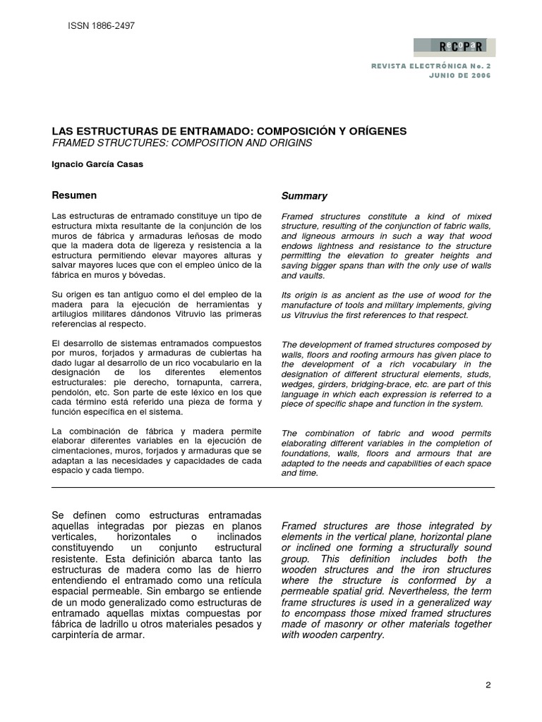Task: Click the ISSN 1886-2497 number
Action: point(101,26)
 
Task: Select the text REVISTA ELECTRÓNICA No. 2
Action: point(430,66)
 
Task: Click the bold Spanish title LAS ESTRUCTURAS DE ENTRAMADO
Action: point(229,131)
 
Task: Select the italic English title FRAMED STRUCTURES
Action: point(182,142)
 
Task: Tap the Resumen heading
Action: point(75,195)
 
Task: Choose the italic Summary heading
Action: point(304,196)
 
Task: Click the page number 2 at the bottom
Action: point(488,685)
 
